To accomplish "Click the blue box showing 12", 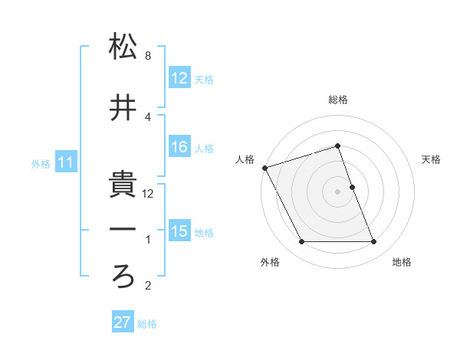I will click(x=179, y=79).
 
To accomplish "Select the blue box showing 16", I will click(x=179, y=148).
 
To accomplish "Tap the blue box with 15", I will click(x=179, y=231).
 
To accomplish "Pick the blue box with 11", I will click(x=65, y=163).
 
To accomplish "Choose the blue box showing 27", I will click(x=123, y=322).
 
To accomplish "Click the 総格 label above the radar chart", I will click(x=337, y=100).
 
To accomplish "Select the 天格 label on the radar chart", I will click(x=432, y=159).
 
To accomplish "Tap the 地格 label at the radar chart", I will click(x=402, y=262).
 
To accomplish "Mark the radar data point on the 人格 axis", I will click(x=265, y=168).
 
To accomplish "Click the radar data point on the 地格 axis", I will click(x=374, y=242).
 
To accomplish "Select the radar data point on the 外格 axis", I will click(x=301, y=242).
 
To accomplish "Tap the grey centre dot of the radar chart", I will click(x=337, y=191).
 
